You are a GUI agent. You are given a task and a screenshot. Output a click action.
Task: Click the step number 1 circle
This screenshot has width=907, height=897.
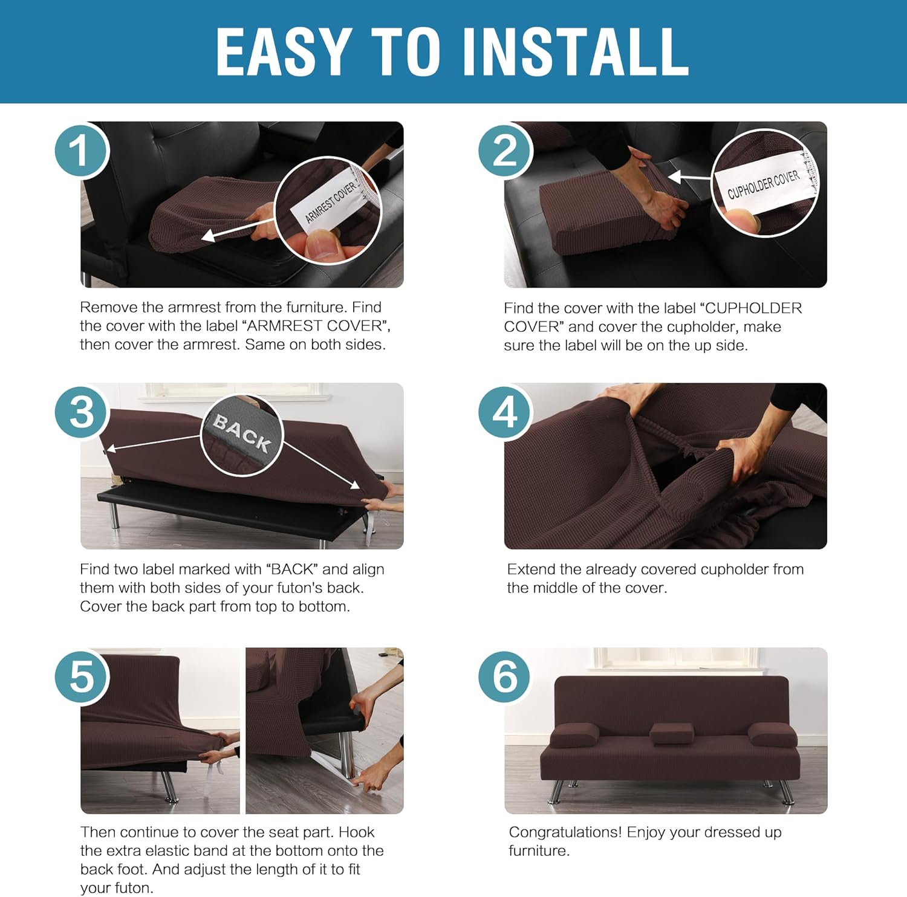pos(81,151)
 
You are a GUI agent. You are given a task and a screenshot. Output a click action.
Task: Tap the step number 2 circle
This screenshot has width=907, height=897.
pos(505,151)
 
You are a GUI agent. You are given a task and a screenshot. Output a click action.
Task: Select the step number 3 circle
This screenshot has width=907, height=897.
pos(82,413)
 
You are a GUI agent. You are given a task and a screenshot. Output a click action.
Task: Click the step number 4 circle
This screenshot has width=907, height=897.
pos(505,413)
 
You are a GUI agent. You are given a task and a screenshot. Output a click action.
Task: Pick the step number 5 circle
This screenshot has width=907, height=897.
pos(82,676)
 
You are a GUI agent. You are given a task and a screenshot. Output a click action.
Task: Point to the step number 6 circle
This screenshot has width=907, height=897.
pos(505,676)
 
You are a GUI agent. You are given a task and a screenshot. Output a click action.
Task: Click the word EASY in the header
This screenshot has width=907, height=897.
pos(284,52)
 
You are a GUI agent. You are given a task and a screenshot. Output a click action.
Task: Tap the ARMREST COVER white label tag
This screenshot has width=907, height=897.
pos(330,202)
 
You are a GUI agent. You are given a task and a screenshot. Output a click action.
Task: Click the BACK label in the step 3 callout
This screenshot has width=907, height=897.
pos(242,433)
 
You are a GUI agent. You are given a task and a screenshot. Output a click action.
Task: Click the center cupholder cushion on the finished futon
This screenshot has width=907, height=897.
pos(671,733)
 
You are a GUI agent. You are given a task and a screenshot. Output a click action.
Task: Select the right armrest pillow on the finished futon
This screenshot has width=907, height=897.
pos(772,734)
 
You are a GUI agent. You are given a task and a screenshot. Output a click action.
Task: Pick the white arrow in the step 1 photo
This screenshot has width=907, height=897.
pos(236,230)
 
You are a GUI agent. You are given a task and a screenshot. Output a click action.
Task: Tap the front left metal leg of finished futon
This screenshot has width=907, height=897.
pos(556,791)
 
